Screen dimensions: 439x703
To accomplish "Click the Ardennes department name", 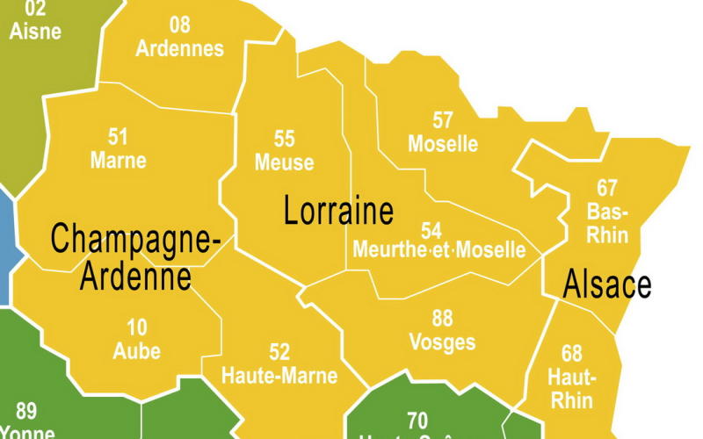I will [179, 48].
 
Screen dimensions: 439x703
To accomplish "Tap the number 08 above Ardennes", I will [179, 25].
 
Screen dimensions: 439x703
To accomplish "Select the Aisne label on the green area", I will [35, 32].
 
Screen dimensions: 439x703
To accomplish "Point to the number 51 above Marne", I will [118, 137].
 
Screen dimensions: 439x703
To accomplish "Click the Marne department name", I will [118, 162].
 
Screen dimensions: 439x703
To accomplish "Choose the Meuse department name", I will [284, 162].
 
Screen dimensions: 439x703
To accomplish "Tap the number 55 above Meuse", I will [284, 139].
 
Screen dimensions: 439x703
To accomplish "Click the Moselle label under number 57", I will [443, 143].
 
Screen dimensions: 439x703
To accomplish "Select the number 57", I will [443, 119].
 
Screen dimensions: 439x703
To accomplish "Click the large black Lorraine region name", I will [338, 212].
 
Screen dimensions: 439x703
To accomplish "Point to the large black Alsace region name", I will [607, 284].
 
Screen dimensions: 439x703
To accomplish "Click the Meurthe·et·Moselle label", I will [438, 250].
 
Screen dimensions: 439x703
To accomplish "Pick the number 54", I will [431, 230].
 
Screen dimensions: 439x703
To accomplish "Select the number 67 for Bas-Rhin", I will [606, 188].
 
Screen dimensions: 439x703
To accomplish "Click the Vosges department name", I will [442, 342].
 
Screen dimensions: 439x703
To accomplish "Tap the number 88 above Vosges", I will [442, 318].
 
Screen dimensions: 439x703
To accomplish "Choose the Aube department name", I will [137, 351].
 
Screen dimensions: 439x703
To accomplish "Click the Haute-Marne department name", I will [279, 376].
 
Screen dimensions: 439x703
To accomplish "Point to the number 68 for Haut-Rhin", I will [572, 354].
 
